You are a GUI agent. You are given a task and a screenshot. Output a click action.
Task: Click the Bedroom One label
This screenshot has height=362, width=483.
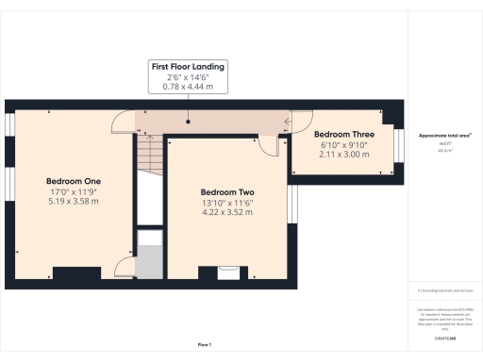pyautogui.click(x=74, y=181)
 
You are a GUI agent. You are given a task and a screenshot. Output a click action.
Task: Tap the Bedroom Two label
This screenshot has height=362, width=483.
pyautogui.click(x=227, y=191)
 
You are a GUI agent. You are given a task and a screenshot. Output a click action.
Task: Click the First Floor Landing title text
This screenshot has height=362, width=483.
pyautogui.click(x=189, y=67)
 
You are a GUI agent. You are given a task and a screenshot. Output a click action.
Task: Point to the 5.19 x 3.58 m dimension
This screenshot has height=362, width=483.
pyautogui.click(x=74, y=204)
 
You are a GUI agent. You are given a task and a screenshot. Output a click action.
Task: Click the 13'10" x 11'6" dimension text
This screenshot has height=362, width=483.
pyautogui.click(x=227, y=203)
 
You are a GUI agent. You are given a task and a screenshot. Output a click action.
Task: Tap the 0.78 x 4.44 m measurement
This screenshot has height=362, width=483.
pyautogui.click(x=189, y=87)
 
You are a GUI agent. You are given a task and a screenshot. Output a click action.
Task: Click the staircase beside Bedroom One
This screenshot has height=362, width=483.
pyautogui.click(x=149, y=152)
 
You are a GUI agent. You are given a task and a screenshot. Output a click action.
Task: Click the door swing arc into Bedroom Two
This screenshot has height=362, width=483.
pyautogui.click(x=269, y=143)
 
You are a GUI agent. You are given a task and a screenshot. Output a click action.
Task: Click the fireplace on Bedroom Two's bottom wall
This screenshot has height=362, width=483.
pyautogui.click(x=227, y=272)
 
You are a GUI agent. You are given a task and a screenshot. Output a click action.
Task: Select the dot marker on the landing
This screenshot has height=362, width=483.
pyautogui.click(x=188, y=121)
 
